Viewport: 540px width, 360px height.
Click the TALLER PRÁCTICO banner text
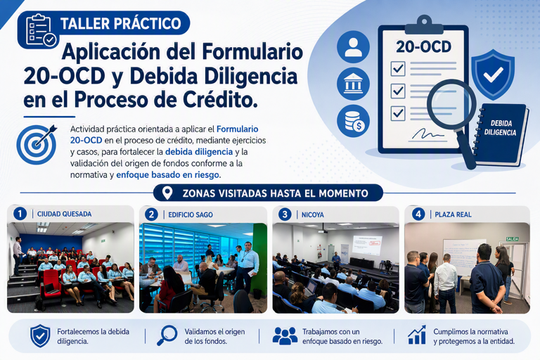(x=120, y=23)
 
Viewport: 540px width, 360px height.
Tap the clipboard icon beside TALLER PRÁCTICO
(x=40, y=30)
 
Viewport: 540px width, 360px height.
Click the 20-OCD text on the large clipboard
(x=423, y=47)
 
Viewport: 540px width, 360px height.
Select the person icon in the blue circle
(x=353, y=47)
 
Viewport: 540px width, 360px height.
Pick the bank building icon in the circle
(x=353, y=84)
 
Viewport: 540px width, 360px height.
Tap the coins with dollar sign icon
(x=353, y=121)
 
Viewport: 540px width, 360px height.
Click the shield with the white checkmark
(x=493, y=75)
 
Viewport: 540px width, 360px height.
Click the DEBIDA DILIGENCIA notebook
(x=501, y=134)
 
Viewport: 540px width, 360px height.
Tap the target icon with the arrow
(x=37, y=144)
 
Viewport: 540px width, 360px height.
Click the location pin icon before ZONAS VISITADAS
(x=167, y=193)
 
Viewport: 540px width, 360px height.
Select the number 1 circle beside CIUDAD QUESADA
(x=20, y=214)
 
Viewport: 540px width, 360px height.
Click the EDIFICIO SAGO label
(x=191, y=215)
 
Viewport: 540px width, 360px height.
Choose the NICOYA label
(x=313, y=215)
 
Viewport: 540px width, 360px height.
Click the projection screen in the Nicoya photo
(x=367, y=245)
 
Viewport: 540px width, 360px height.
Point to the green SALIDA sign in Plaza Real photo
(x=512, y=239)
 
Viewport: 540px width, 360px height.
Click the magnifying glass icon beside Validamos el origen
(x=167, y=335)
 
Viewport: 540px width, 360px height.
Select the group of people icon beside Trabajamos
(x=285, y=336)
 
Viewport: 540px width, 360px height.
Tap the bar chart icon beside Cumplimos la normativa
(x=417, y=335)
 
